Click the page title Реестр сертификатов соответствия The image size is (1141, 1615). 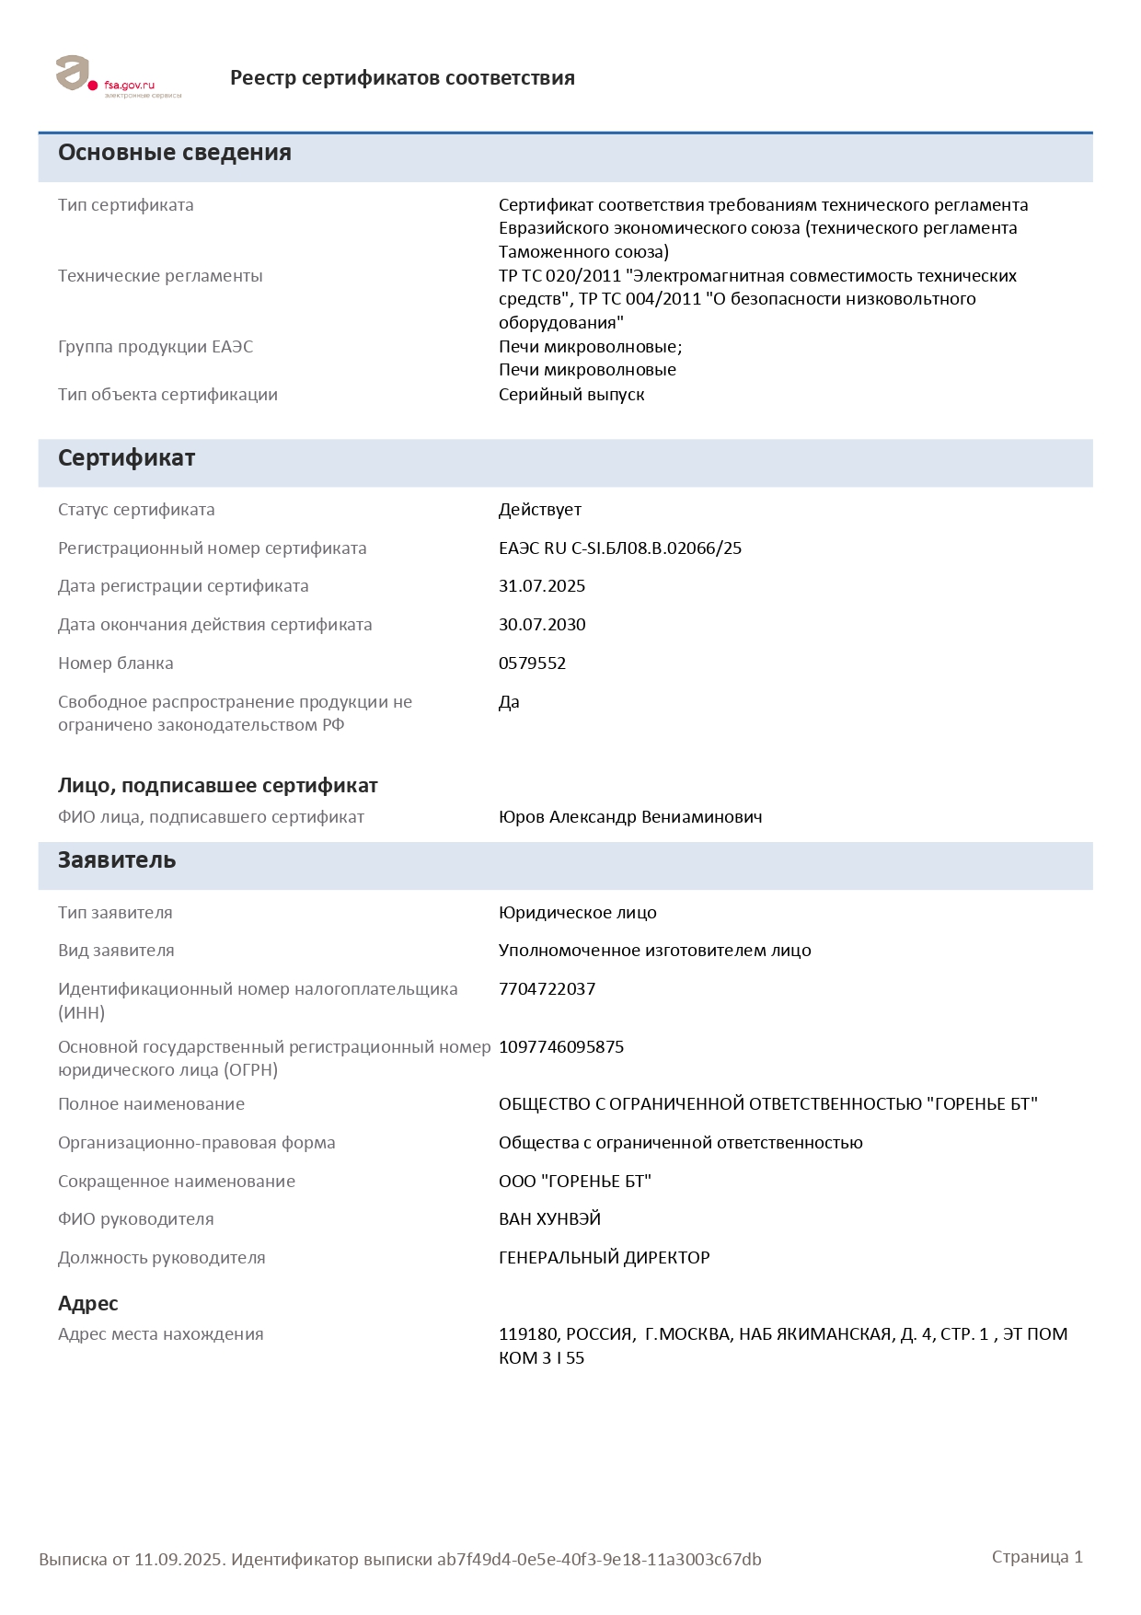(x=402, y=78)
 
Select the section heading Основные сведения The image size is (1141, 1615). (x=175, y=153)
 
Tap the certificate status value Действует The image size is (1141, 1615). (x=540, y=510)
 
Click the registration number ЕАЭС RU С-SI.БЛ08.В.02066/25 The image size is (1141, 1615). (x=620, y=548)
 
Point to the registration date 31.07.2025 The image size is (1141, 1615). (x=542, y=586)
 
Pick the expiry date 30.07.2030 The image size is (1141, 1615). (x=542, y=625)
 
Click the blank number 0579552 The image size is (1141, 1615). (x=532, y=663)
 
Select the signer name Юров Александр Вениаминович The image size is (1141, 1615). (x=630, y=817)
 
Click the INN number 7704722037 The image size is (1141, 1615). (x=547, y=989)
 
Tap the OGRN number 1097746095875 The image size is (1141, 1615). (x=561, y=1047)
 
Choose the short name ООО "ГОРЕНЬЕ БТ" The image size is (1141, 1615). (x=575, y=1182)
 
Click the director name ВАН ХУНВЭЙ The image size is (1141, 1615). (x=549, y=1219)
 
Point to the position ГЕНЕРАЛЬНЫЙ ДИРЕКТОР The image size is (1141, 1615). (x=605, y=1258)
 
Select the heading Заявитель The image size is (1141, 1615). (x=117, y=860)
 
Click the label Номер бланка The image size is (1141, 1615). (x=116, y=663)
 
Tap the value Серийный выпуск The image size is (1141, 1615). (x=571, y=395)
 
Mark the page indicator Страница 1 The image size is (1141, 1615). (x=1037, y=1557)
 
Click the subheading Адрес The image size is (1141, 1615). (x=88, y=1304)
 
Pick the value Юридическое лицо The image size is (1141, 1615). (x=578, y=913)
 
